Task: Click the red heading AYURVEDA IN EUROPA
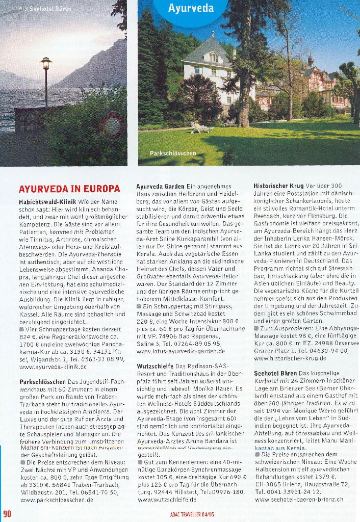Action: point(69,189)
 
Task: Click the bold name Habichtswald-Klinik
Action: point(48,202)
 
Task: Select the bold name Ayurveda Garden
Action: point(160,187)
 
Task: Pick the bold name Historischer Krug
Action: point(278,187)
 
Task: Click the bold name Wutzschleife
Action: point(156,366)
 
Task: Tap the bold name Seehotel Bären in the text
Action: point(274,374)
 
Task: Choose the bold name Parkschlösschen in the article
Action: point(43,382)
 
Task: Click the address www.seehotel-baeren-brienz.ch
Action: point(298,499)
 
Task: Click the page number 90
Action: point(7,513)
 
